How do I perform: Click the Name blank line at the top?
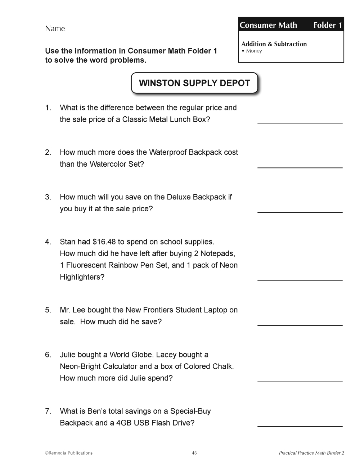pos(130,31)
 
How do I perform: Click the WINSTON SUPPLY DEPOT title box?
pos(194,83)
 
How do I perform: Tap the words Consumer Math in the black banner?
pos(268,25)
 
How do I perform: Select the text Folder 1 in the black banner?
pos(327,25)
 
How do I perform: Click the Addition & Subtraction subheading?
pos(274,44)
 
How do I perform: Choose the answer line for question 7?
pos(300,426)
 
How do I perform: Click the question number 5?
pos(48,310)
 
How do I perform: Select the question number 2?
pos(48,152)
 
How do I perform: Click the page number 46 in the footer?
pos(194,453)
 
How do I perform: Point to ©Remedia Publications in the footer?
pos(69,453)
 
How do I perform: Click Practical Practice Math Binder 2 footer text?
pos(311,453)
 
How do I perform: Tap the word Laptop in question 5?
pos(215,310)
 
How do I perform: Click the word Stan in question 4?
pos(67,242)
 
